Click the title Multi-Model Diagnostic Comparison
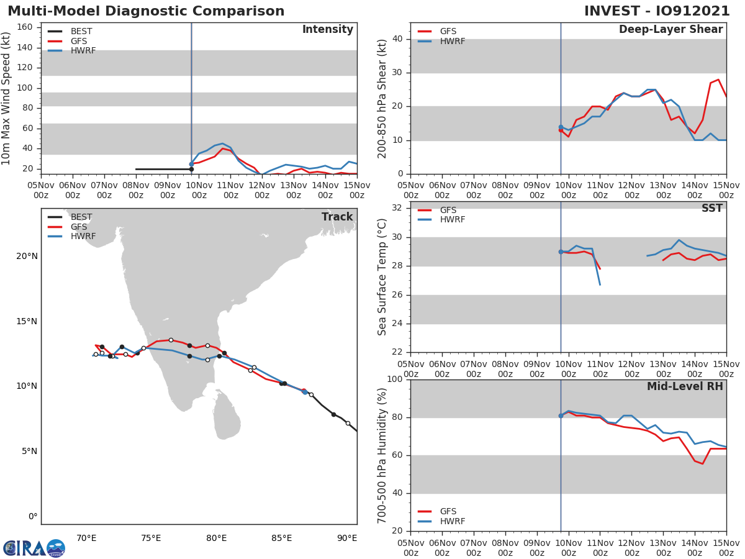coord(146,11)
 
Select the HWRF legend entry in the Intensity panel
coord(83,51)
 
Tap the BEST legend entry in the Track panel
coord(81,217)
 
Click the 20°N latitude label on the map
coord(27,256)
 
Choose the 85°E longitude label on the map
coord(281,538)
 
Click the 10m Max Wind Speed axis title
coord(7,98)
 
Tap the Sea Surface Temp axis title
coord(382,276)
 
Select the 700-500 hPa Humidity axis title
coord(382,455)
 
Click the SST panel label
coord(711,209)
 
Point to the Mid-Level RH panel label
coord(684,387)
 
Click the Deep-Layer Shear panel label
coord(670,30)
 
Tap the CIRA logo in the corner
coord(34,548)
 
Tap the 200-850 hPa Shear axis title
coord(382,98)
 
